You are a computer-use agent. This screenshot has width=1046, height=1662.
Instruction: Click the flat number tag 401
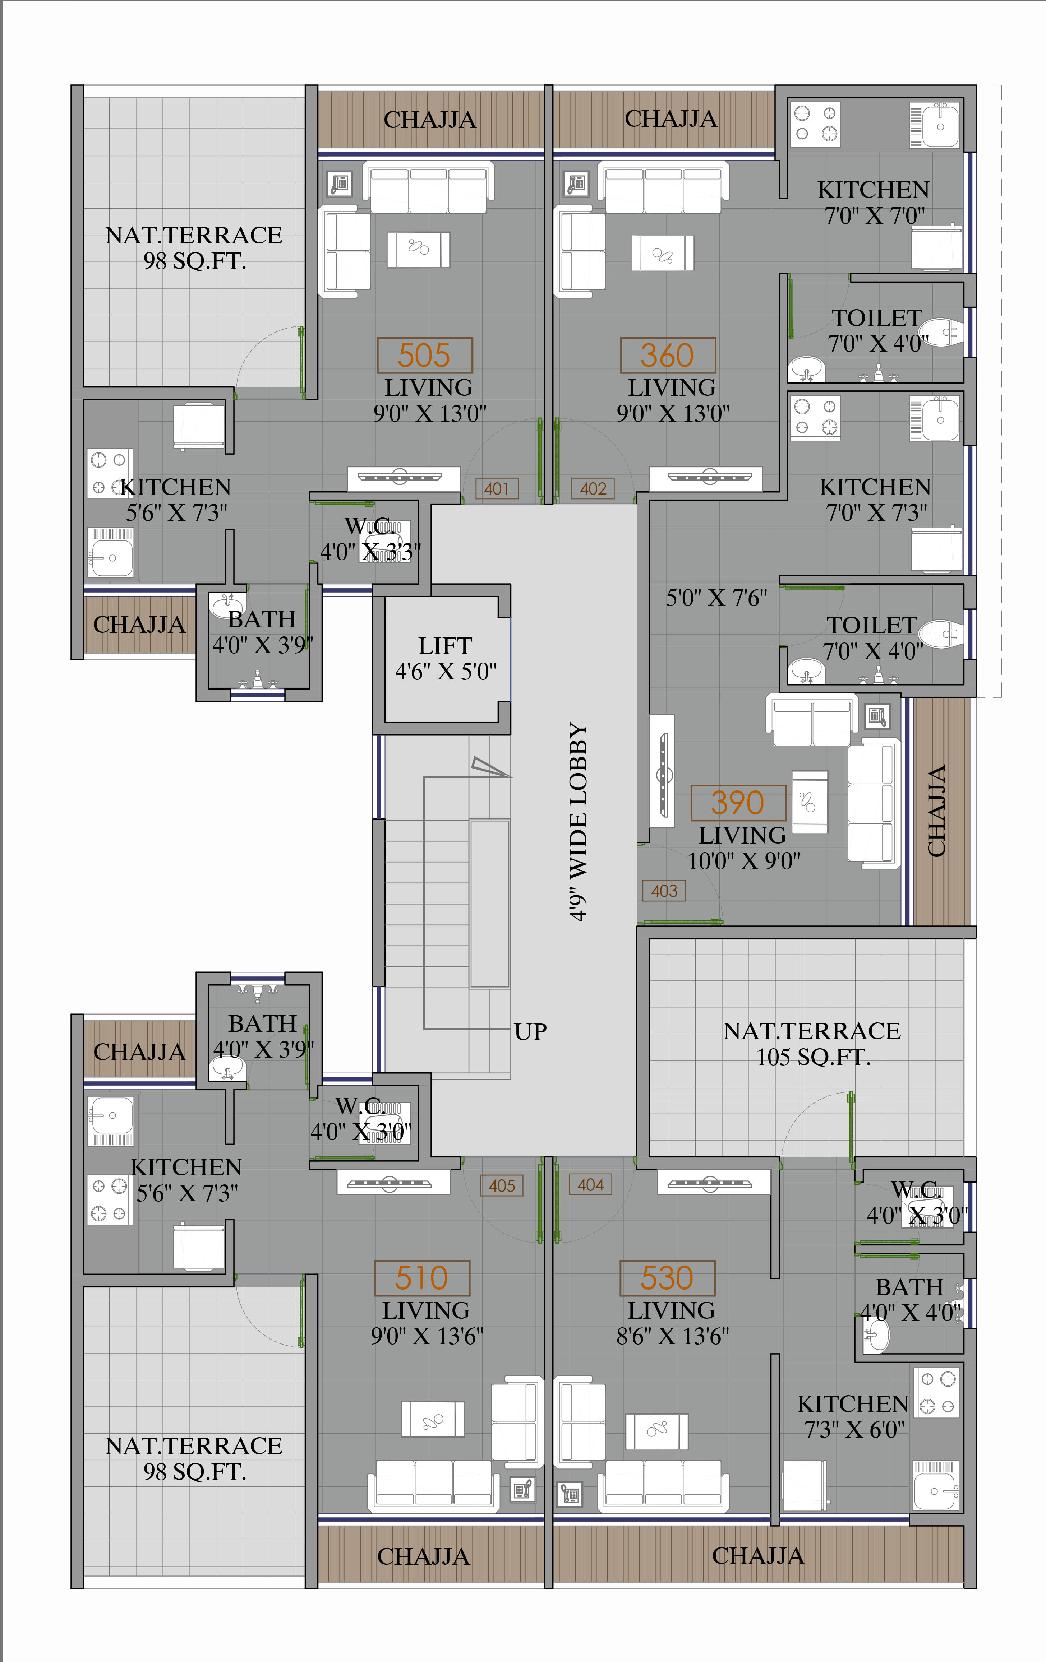coord(497,489)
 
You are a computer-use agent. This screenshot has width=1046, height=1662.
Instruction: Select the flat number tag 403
coord(664,890)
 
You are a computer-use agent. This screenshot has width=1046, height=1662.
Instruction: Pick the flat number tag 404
coord(590,1184)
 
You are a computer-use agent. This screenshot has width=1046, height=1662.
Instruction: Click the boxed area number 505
coord(425,356)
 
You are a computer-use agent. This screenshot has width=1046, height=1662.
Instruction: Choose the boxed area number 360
coord(668,356)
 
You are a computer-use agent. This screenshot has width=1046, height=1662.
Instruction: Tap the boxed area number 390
coord(738,803)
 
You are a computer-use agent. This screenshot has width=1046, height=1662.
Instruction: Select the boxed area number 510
coord(422,1277)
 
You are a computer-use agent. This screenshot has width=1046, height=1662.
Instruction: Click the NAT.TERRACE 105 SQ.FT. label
coord(812,1044)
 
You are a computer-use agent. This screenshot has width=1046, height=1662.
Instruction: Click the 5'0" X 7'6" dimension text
coord(716,598)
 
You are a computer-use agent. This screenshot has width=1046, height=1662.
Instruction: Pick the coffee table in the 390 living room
coord(810,802)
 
